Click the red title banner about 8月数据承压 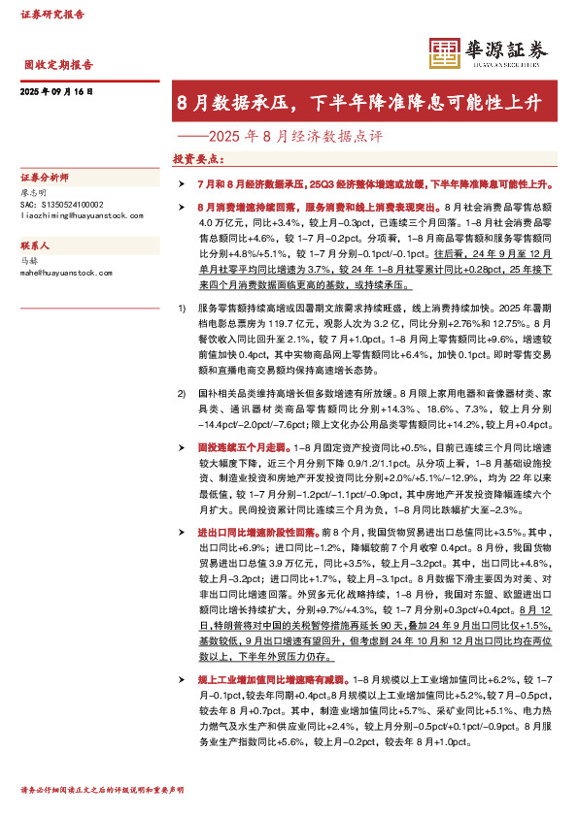(x=358, y=103)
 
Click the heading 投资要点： (x=198, y=158)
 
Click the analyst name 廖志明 (x=33, y=193)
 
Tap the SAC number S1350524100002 (x=62, y=204)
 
